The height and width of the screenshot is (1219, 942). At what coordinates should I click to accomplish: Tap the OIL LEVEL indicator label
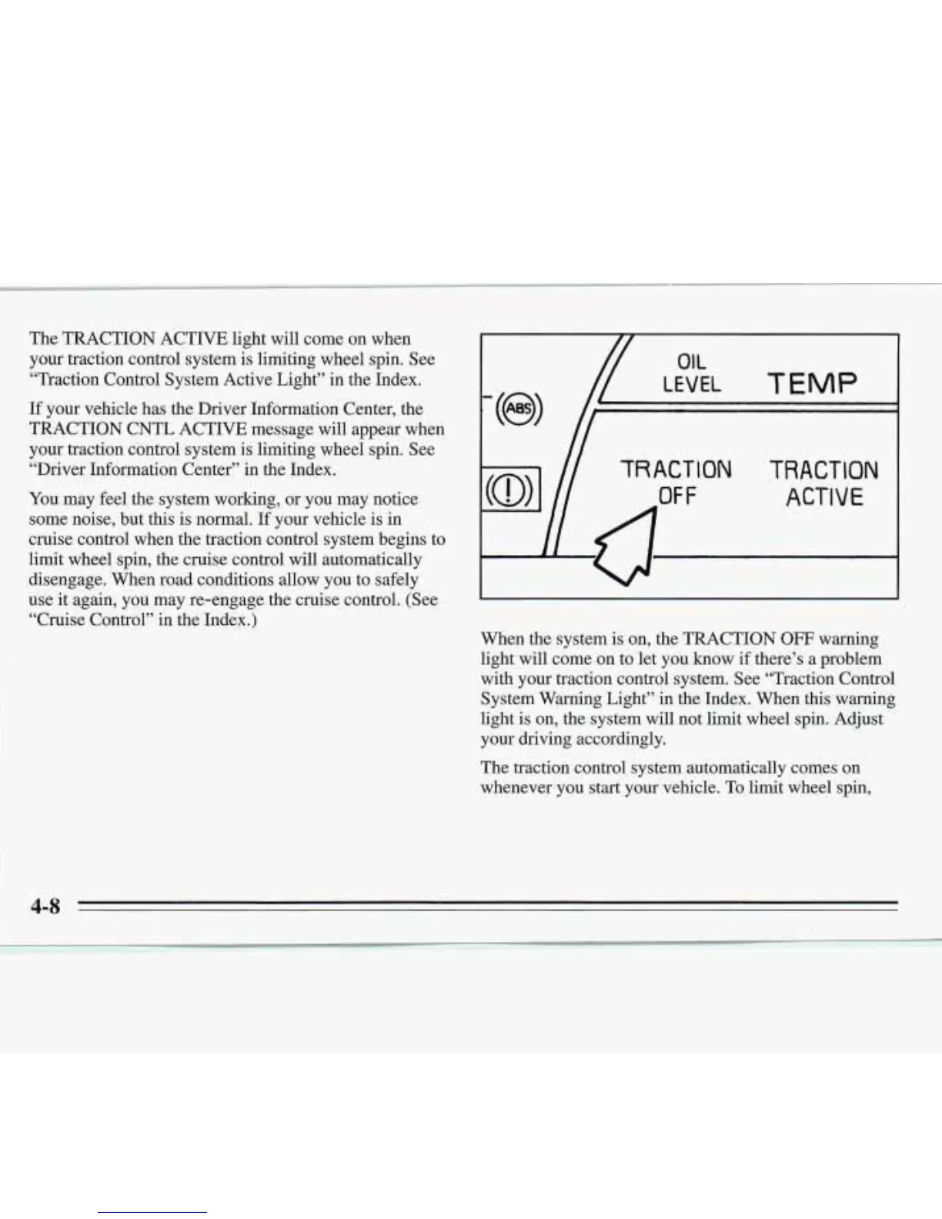(692, 373)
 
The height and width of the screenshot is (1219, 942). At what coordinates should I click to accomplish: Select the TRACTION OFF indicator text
(676, 482)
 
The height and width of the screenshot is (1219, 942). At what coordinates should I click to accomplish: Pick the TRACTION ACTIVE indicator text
(824, 483)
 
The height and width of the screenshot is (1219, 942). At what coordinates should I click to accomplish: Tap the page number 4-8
(45, 906)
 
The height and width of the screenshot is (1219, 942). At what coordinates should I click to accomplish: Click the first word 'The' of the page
(42, 339)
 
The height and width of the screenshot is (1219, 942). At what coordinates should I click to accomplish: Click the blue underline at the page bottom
(152, 1212)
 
